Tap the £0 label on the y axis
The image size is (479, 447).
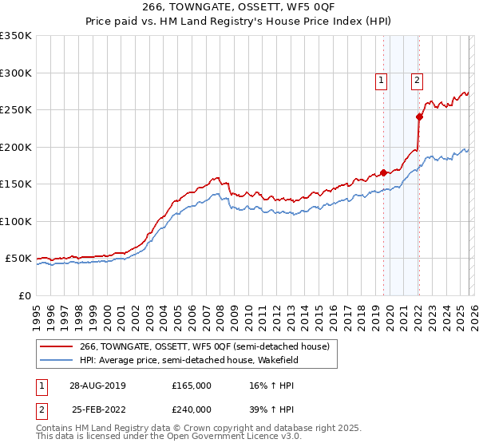[25, 295]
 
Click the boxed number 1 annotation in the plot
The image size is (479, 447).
[382, 80]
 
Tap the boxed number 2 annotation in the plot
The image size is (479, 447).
[417, 80]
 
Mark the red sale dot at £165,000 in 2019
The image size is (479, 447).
[383, 172]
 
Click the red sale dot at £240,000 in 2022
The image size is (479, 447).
[419, 117]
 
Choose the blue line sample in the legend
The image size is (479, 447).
[57, 360]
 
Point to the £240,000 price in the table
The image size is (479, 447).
[192, 409]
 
